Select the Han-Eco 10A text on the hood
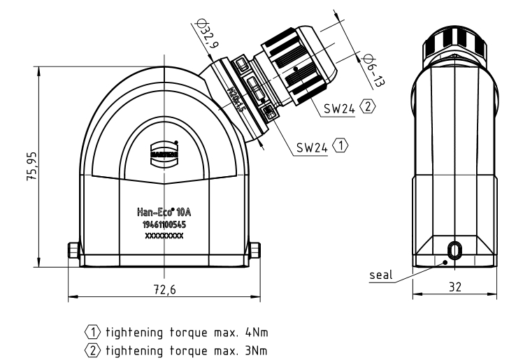(x=164, y=210)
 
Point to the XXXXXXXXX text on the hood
(x=164, y=237)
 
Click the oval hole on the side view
(x=454, y=250)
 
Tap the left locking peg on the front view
(x=72, y=250)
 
